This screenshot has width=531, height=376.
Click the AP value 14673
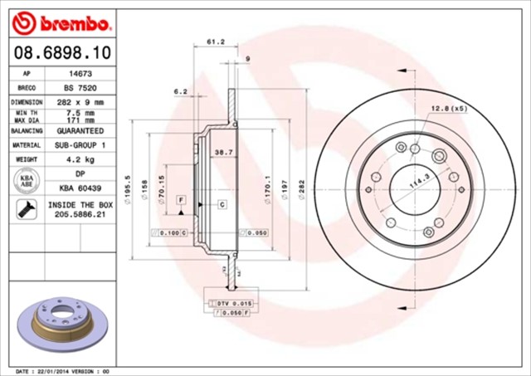78,74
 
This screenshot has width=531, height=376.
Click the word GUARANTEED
78,131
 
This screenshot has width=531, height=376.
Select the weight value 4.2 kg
78,159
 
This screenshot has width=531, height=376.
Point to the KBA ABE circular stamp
26,180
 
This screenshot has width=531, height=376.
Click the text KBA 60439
78,188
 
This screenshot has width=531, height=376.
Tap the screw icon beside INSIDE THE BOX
26,209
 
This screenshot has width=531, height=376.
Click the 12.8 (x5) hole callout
448,108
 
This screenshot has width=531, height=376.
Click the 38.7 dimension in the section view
222,152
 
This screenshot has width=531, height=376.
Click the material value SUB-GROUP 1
78,145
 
